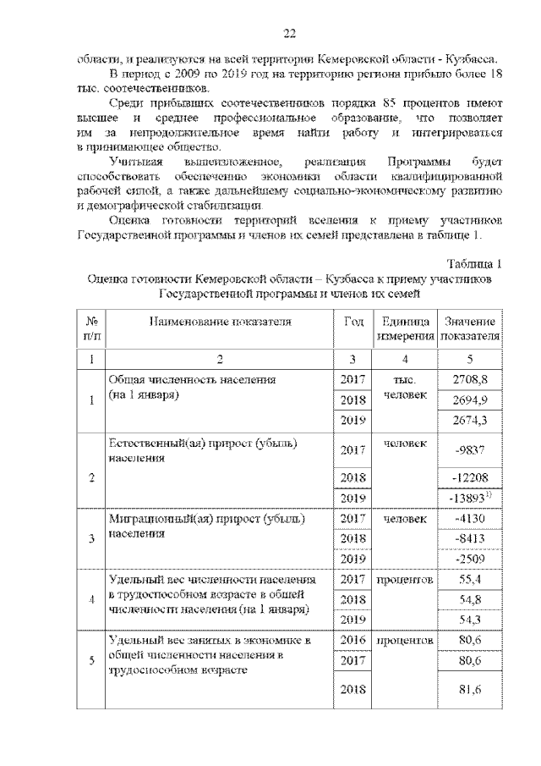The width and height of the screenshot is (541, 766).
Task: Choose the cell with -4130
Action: click(x=471, y=519)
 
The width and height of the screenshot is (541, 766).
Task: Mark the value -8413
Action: click(x=471, y=538)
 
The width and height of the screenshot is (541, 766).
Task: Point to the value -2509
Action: click(x=471, y=559)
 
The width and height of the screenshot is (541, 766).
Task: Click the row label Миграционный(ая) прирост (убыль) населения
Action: click(x=207, y=526)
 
